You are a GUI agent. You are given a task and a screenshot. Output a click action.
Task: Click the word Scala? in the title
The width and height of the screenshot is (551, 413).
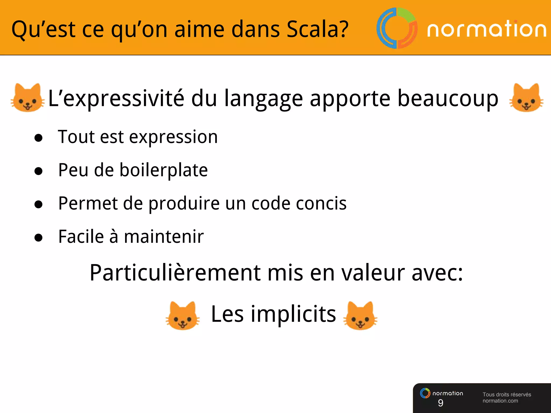pos(317,29)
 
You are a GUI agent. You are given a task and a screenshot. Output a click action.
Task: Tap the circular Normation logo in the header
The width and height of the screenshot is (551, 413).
pos(397,28)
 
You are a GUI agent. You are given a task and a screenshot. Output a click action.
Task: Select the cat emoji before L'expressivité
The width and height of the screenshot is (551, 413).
pos(28,98)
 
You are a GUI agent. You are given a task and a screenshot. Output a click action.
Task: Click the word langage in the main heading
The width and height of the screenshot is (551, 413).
pos(263,99)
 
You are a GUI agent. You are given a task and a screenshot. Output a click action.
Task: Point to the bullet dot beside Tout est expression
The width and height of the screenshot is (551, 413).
pos(38,138)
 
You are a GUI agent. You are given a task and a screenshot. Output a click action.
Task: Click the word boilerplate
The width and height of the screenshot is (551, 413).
pos(164,170)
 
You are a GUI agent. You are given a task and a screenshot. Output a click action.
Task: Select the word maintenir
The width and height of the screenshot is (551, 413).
pos(164,237)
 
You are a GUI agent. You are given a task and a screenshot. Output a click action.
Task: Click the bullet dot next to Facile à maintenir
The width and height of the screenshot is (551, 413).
pos(38,237)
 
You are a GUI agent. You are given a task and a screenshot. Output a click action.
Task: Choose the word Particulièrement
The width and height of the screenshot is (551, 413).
pos(175,273)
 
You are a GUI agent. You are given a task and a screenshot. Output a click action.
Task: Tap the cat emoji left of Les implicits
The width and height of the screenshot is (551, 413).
pos(183,316)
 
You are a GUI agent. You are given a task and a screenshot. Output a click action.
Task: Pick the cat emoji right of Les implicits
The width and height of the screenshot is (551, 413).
pos(360,316)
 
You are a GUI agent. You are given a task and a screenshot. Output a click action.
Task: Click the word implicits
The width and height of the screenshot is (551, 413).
pos(293,314)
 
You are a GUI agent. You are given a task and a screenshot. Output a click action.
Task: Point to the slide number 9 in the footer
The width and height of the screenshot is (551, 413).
pos(440,403)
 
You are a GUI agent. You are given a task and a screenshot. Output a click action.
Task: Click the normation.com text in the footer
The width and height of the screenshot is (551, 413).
pos(500,401)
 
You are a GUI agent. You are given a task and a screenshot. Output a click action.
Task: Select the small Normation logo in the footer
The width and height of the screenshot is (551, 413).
pos(425,393)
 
